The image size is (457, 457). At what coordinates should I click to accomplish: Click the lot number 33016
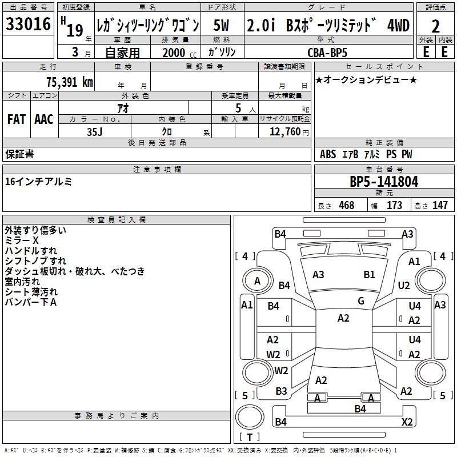click(28, 24)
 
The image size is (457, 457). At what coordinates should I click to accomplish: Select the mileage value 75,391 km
click(70, 82)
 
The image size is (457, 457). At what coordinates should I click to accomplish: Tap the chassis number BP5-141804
click(384, 182)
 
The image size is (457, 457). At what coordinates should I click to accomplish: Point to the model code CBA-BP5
click(327, 53)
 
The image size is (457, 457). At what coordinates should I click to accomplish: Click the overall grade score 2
click(435, 26)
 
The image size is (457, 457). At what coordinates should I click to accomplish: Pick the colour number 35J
click(95, 132)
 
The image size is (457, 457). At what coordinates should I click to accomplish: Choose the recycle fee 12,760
click(284, 132)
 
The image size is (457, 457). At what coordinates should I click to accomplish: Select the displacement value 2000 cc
click(179, 53)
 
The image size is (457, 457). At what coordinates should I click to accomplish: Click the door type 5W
click(221, 25)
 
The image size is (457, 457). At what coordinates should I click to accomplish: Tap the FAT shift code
click(17, 119)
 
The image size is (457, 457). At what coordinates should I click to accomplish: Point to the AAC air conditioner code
click(44, 119)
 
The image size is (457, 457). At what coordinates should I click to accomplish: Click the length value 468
click(347, 205)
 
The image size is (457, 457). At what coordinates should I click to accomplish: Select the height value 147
click(440, 205)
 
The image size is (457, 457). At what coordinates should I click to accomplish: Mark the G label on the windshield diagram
click(361, 301)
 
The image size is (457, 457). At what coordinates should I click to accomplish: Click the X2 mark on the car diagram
click(407, 422)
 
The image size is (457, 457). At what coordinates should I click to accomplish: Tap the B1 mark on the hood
click(369, 275)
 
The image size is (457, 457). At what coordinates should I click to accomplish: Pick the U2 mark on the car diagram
click(404, 286)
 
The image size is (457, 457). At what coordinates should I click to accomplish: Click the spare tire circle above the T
click(250, 417)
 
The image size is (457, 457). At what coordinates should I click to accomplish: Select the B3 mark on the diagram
click(281, 391)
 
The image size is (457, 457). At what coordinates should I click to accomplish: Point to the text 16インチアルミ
click(38, 182)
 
